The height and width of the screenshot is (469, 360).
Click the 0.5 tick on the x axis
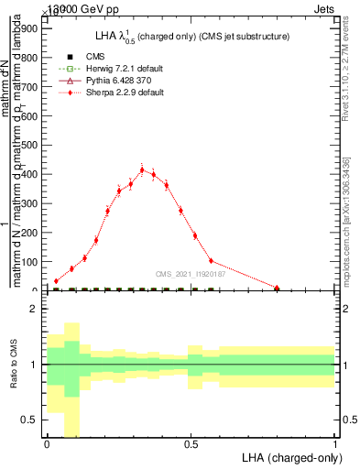tap(191, 445)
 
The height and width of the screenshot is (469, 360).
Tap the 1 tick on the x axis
tap(335, 445)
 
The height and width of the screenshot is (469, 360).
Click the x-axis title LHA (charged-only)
tap(289, 457)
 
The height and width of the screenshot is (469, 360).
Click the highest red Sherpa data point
tap(142, 169)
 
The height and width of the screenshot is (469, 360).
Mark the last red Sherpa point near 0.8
tap(277, 288)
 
